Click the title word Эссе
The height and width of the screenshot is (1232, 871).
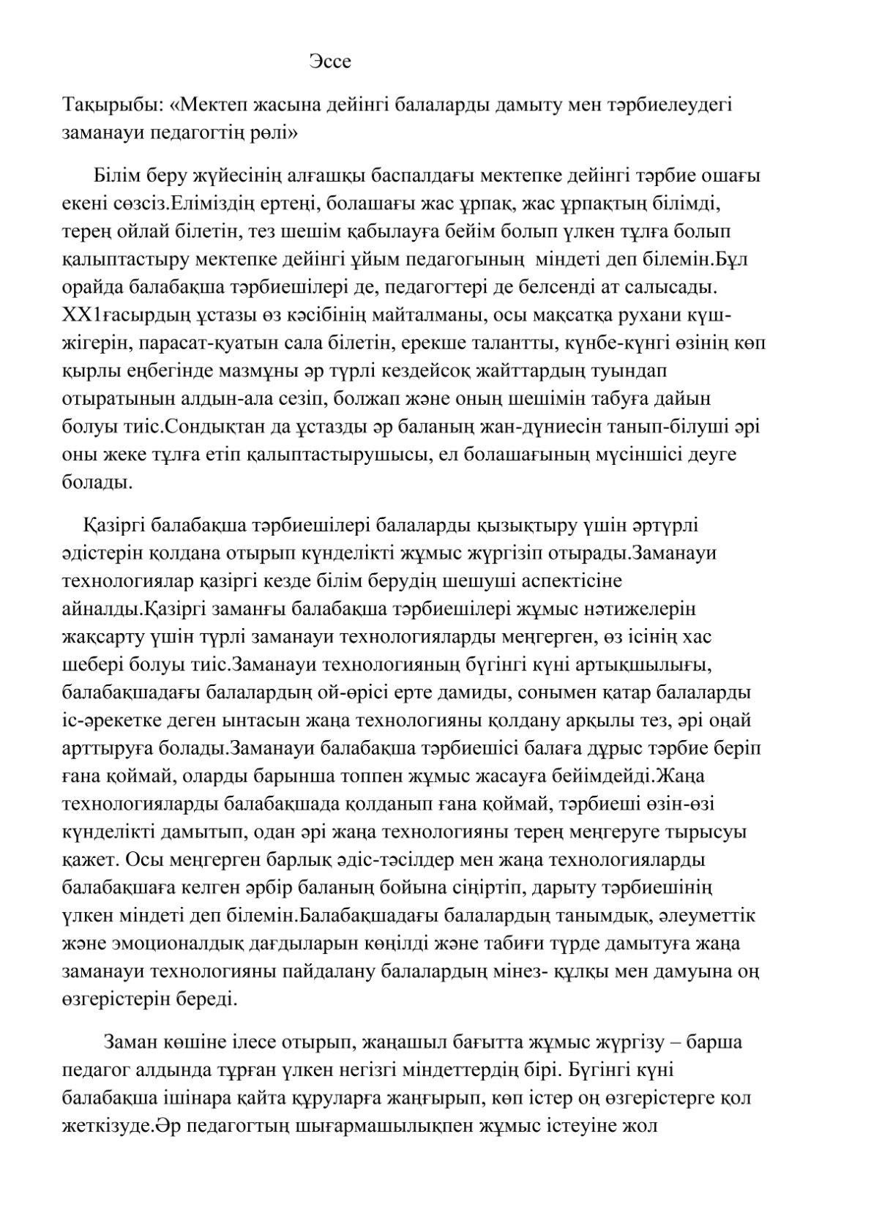click(x=329, y=61)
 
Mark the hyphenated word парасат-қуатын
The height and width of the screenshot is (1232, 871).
click(x=212, y=343)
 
